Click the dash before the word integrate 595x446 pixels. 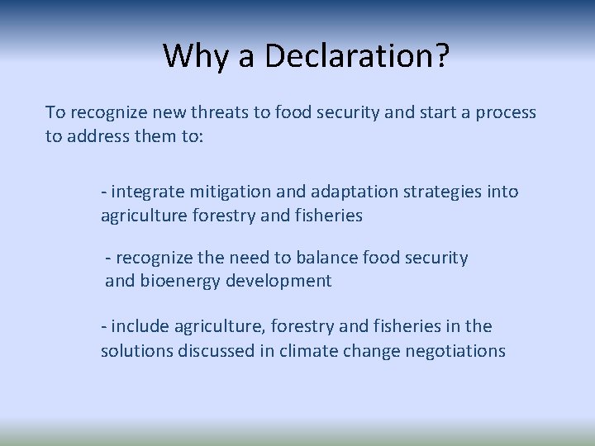coord(103,192)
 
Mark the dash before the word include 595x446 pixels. coord(103,327)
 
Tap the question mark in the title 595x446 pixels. coord(441,55)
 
